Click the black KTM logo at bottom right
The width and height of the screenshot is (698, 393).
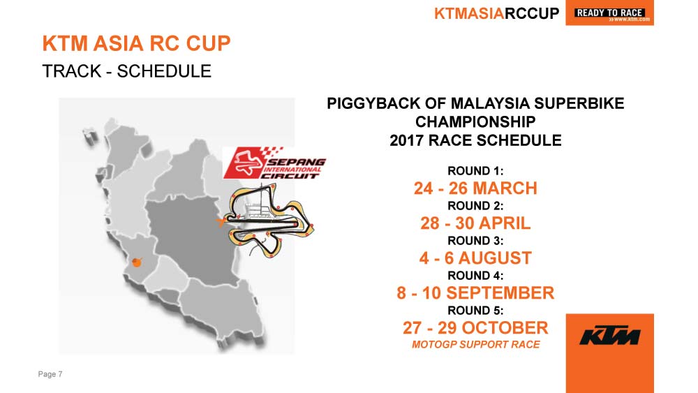[x=609, y=336]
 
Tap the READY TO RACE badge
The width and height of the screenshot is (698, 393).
[x=609, y=13]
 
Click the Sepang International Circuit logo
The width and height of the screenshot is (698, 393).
[x=274, y=163]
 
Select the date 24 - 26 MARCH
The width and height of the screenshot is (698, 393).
[x=475, y=188]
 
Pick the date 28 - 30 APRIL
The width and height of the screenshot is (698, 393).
[x=475, y=223]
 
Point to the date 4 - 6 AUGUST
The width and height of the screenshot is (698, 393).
[x=475, y=258]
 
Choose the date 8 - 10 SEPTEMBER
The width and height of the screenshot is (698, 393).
[x=475, y=293]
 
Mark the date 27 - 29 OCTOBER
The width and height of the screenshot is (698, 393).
[x=475, y=328]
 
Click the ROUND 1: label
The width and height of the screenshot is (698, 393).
[x=475, y=171]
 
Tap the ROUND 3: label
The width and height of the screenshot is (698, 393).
[x=475, y=241]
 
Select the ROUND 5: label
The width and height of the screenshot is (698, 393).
[x=475, y=311]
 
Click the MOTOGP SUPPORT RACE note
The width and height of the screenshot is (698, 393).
[x=475, y=345]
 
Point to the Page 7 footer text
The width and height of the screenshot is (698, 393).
[x=50, y=374]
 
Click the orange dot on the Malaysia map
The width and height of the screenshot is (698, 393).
[x=137, y=262]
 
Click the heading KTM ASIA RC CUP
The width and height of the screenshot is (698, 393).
[x=137, y=43]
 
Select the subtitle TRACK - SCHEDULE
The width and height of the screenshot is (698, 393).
[x=127, y=71]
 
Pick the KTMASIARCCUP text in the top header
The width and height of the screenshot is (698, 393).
[x=496, y=13]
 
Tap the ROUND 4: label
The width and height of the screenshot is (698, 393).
[x=475, y=276]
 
